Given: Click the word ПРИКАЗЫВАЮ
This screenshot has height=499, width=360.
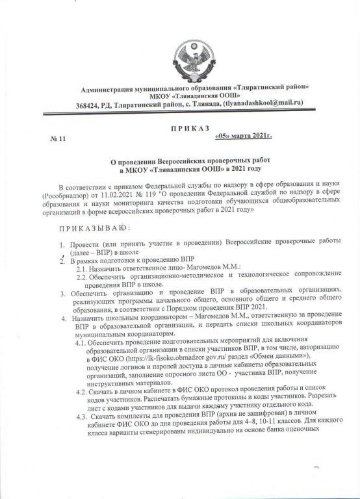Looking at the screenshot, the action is click(x=94, y=228).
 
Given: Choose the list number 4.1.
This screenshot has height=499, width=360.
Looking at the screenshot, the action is click(x=84, y=342).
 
